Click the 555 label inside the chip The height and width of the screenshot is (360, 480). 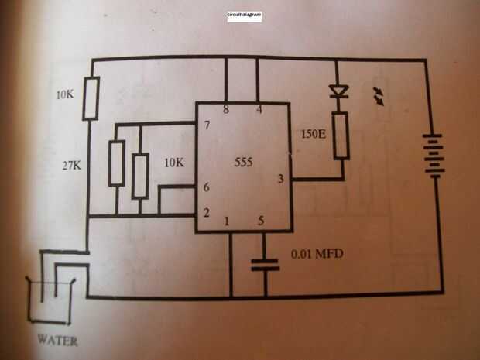coord(244,162)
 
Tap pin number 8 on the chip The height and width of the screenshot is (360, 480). coord(226,109)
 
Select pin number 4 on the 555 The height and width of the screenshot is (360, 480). coord(259,109)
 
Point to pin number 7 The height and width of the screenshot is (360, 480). coord(207,125)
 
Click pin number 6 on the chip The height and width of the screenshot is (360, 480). coord(207,187)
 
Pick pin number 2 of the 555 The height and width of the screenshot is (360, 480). coord(207,212)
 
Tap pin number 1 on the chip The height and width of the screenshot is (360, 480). coord(227,221)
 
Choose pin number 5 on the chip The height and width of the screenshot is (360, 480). coord(261,221)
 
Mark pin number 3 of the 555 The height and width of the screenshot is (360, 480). coord(280,179)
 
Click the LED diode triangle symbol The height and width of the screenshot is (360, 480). coord(339,91)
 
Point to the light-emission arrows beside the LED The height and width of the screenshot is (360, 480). coord(379,96)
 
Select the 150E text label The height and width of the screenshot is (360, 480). coord(314,134)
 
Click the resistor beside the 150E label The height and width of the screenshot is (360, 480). coord(341,135)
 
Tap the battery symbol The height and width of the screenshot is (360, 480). coord(434,156)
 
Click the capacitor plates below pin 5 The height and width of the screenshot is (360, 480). coord(265,265)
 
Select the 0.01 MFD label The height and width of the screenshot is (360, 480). coord(317,254)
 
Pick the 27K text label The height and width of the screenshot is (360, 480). coord(72,166)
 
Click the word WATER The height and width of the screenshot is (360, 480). coord(57,341)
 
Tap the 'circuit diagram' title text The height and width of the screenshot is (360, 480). coord(245,15)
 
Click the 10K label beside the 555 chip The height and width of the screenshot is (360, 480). coord(174,163)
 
